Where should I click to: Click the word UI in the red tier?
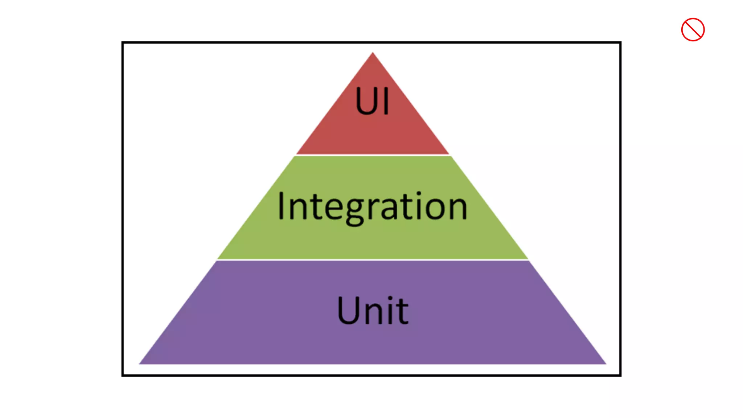372,101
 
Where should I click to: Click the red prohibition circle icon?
693,30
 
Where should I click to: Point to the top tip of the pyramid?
373,53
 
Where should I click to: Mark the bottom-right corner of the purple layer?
605,363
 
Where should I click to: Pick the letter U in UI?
367,101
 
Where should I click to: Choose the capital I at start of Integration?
280,206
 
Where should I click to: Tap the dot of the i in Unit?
390,299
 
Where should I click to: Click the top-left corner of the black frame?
123,43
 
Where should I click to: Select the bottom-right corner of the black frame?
620,375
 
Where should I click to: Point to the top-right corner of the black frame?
620,43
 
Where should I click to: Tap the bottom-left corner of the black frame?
123,375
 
